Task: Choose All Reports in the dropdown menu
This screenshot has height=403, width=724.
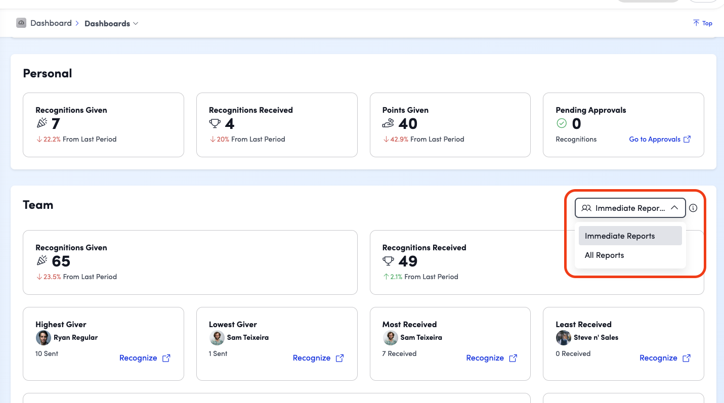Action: click(604, 255)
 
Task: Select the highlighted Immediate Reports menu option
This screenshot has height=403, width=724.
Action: click(630, 236)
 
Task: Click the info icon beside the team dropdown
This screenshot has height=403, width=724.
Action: click(693, 208)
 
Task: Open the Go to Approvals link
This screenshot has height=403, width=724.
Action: click(660, 139)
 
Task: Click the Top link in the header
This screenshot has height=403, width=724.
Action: click(703, 23)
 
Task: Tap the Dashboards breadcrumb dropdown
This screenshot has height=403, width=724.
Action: click(111, 23)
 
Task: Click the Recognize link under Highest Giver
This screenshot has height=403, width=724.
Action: click(145, 358)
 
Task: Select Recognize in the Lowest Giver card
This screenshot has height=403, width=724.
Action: click(318, 358)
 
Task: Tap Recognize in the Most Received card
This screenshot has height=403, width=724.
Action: click(491, 358)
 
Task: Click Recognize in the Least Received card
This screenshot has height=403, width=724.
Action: click(665, 358)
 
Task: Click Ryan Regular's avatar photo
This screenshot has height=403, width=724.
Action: click(44, 338)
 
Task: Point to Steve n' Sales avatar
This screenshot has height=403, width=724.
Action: click(563, 338)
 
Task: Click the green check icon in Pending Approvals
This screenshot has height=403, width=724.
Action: click(562, 123)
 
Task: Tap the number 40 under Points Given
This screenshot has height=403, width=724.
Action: click(408, 124)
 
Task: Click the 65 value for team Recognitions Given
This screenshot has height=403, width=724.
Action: click(61, 261)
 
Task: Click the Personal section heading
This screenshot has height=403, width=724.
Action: click(48, 73)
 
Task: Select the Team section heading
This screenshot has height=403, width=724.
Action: click(38, 205)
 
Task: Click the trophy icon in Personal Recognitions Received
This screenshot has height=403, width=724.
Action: click(215, 123)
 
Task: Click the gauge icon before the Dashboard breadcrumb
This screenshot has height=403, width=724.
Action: click(21, 23)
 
